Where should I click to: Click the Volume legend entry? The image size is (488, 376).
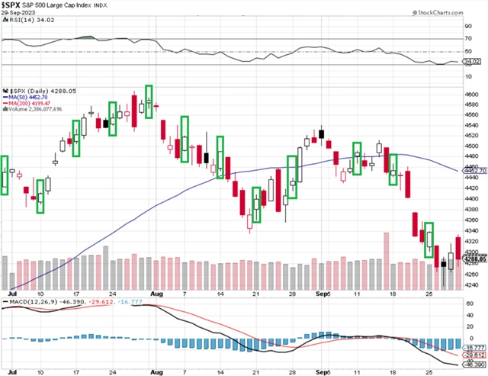click(38, 109)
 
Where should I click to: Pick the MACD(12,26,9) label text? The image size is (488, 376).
click(30, 304)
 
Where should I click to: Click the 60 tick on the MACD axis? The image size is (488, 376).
click(469, 303)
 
